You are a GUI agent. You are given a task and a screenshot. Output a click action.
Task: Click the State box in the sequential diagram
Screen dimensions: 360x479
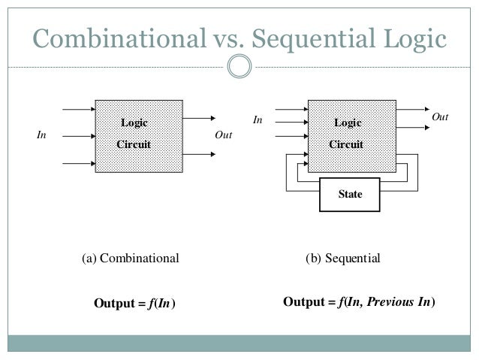[x=350, y=194]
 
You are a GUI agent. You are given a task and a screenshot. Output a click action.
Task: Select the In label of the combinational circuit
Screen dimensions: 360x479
[x=43, y=136]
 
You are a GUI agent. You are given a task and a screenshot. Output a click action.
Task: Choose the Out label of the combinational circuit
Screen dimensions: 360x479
[x=223, y=136]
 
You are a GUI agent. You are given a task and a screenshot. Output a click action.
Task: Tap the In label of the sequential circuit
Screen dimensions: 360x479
[x=258, y=119]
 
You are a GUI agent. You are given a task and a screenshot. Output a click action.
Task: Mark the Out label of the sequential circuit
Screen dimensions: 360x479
[x=441, y=118]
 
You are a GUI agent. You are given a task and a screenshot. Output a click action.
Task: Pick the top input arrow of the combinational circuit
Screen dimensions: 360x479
[x=78, y=109]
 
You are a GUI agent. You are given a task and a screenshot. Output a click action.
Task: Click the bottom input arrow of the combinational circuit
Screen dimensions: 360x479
[x=78, y=162]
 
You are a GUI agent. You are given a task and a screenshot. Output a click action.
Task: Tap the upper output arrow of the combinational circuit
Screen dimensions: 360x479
[x=197, y=118]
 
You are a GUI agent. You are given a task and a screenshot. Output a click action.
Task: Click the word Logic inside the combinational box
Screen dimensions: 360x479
[x=135, y=123]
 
